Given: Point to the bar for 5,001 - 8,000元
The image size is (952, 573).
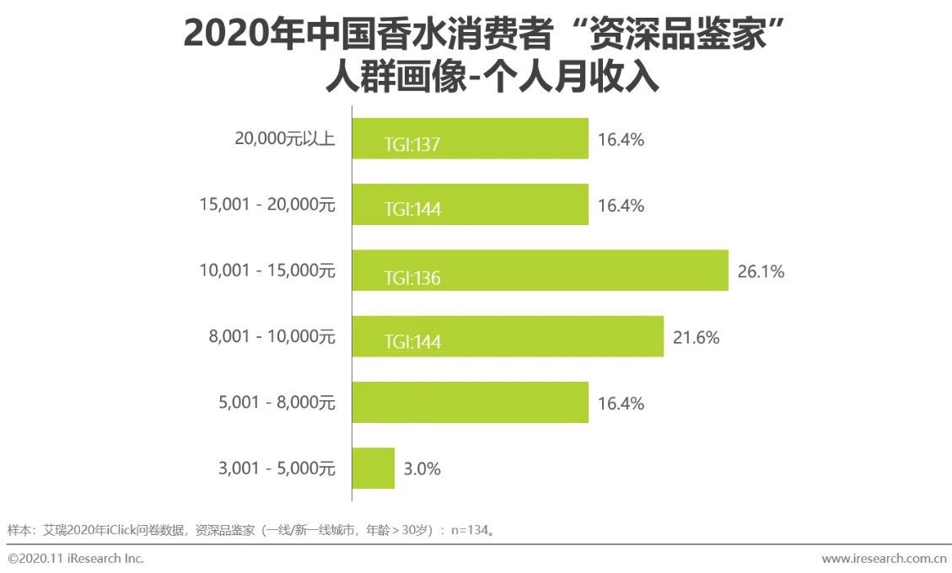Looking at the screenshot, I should pyautogui.click(x=470, y=403).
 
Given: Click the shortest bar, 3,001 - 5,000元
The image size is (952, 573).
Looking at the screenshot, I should pyautogui.click(x=373, y=469).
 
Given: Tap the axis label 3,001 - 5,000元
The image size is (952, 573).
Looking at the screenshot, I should pyautogui.click(x=277, y=469).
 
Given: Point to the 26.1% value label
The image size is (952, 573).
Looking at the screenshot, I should pyautogui.click(x=761, y=271).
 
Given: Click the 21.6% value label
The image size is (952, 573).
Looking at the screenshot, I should pyautogui.click(x=696, y=338).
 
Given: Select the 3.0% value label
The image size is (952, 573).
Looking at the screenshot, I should pyautogui.click(x=422, y=469).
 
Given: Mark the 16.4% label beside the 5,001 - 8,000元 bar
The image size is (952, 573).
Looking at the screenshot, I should pyautogui.click(x=621, y=404).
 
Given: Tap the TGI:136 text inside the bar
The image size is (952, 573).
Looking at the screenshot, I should pyautogui.click(x=412, y=277).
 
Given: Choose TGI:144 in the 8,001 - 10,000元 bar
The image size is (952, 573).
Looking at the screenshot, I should pyautogui.click(x=412, y=343).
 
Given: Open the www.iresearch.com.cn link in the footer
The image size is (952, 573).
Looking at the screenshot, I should pyautogui.click(x=884, y=559).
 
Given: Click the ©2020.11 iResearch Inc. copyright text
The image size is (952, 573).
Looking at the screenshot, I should pyautogui.click(x=76, y=559).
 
